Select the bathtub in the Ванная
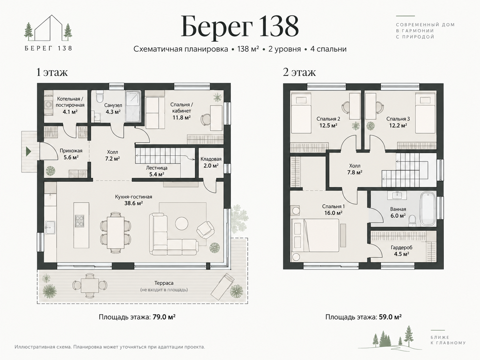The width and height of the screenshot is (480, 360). click(x=428, y=209)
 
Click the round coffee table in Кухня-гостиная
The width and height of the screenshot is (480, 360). click(x=182, y=223)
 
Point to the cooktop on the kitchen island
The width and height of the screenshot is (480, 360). click(x=79, y=221)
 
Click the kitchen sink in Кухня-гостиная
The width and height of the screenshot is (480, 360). click(x=50, y=227)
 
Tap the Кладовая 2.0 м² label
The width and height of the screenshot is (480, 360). click(x=211, y=162)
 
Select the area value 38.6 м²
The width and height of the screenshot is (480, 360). click(x=134, y=203)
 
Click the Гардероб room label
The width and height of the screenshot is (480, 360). click(x=401, y=247)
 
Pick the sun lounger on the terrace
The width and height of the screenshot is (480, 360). click(x=222, y=287)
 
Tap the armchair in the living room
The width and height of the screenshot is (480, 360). click(x=205, y=230)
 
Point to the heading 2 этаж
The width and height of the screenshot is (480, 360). click(x=299, y=72)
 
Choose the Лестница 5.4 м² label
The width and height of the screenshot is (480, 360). click(x=156, y=171)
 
